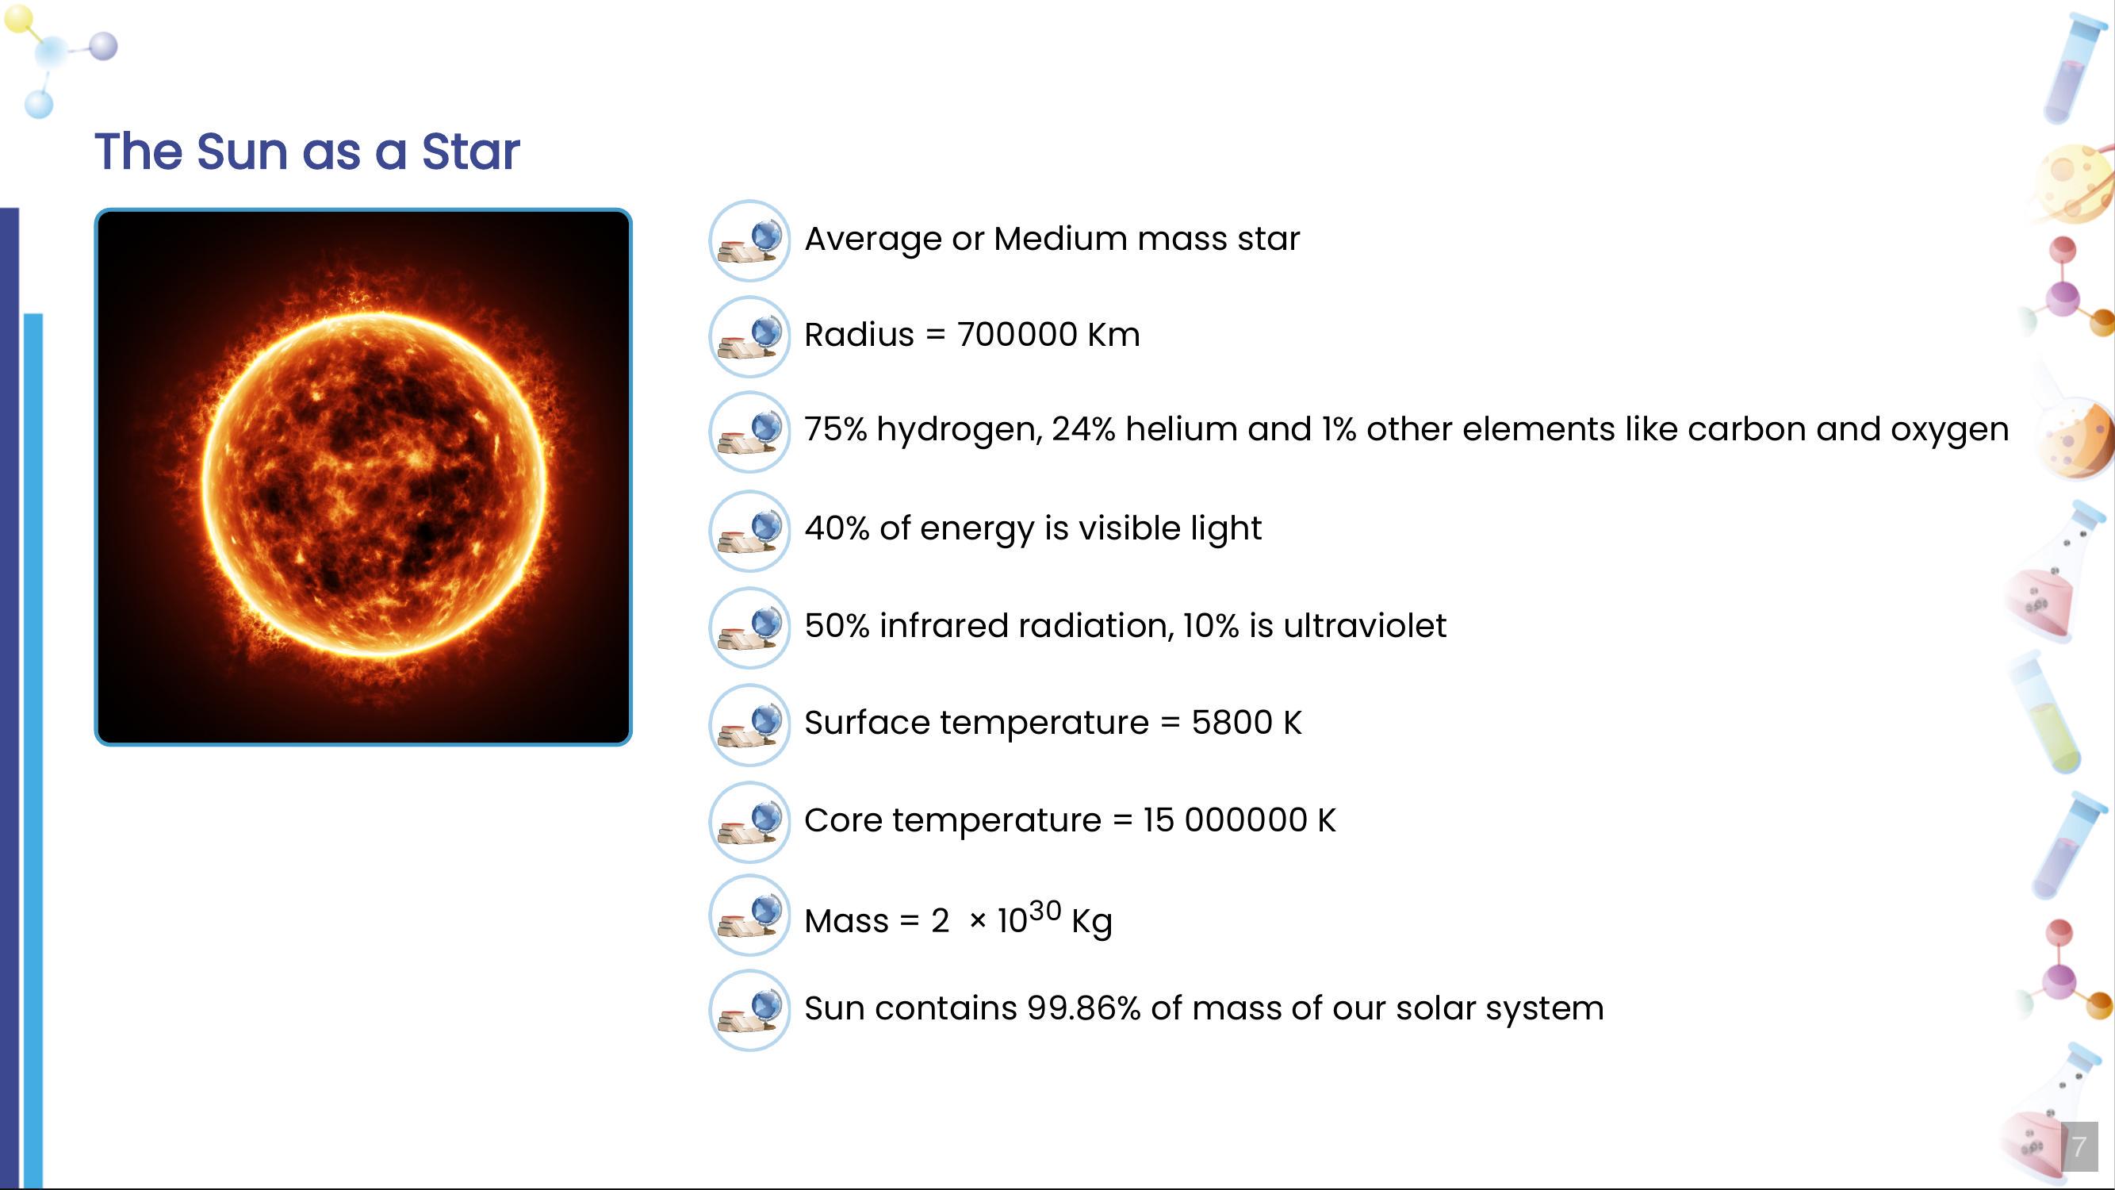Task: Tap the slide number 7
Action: (2079, 1146)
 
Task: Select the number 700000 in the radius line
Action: (1017, 334)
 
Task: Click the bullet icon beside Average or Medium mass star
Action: (749, 240)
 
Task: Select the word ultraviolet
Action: (1365, 625)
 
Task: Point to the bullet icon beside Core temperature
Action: (749, 822)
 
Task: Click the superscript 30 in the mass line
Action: (1044, 911)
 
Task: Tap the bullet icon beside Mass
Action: (749, 915)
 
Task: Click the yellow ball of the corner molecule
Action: (19, 18)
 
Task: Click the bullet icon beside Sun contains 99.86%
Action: (749, 1010)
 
